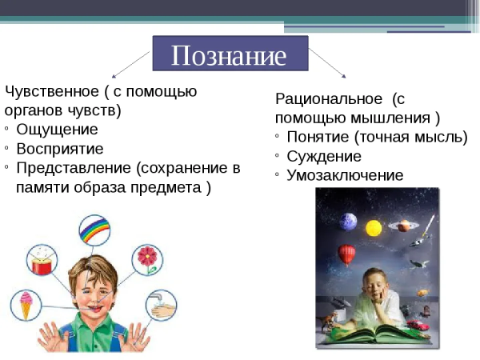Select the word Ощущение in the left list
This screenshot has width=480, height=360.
(57, 129)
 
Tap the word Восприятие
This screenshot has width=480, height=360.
(60, 148)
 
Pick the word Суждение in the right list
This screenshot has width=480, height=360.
(323, 156)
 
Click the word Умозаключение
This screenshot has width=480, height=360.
(345, 175)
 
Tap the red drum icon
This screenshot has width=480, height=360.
(40, 260)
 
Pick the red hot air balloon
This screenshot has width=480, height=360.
(346, 254)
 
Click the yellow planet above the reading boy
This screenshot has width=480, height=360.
(374, 228)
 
